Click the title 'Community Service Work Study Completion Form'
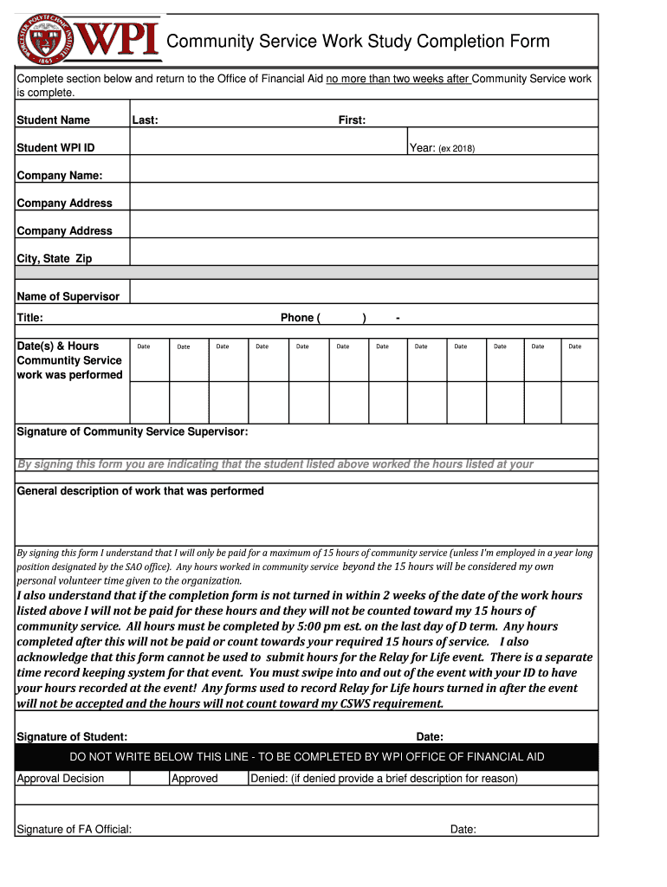click(x=357, y=42)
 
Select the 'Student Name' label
click(x=53, y=120)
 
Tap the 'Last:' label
click(x=145, y=120)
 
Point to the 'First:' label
click(x=352, y=120)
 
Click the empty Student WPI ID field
click(x=269, y=147)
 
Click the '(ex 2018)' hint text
click(x=457, y=148)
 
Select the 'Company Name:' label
click(x=59, y=176)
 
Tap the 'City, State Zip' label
click(x=54, y=259)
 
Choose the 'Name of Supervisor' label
click(x=68, y=296)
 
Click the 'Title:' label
click(x=30, y=318)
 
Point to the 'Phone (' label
click(x=300, y=318)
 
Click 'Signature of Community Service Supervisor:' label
click(x=133, y=431)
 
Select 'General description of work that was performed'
click(x=140, y=491)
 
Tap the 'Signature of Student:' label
click(x=72, y=736)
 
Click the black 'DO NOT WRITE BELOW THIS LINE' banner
click(x=307, y=757)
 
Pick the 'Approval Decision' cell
click(x=61, y=778)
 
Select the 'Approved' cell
click(x=195, y=778)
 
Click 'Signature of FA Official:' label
click(x=74, y=829)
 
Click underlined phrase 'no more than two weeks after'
click(x=398, y=79)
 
